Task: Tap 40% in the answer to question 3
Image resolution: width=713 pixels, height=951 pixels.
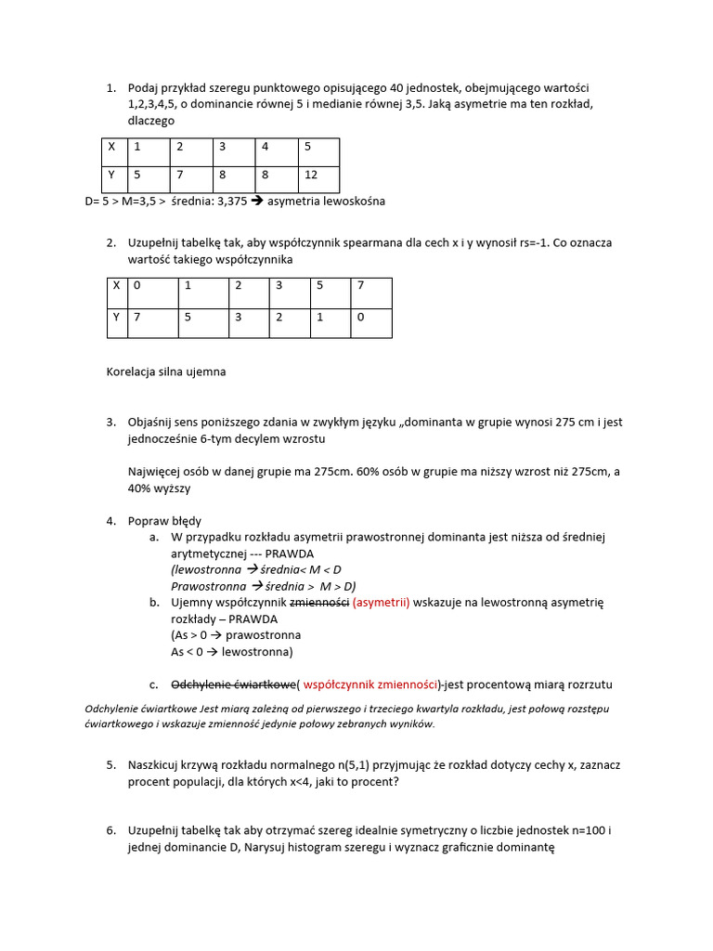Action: coord(142,488)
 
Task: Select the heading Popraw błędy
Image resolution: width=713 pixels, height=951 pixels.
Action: coord(164,521)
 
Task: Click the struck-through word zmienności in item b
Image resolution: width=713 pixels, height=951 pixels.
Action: coord(319,603)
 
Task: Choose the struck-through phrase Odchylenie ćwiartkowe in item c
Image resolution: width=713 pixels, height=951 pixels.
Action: coord(232,684)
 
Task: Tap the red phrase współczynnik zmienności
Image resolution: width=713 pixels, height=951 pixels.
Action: coord(370,684)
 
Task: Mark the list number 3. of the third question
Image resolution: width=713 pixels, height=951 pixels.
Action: coord(110,422)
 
